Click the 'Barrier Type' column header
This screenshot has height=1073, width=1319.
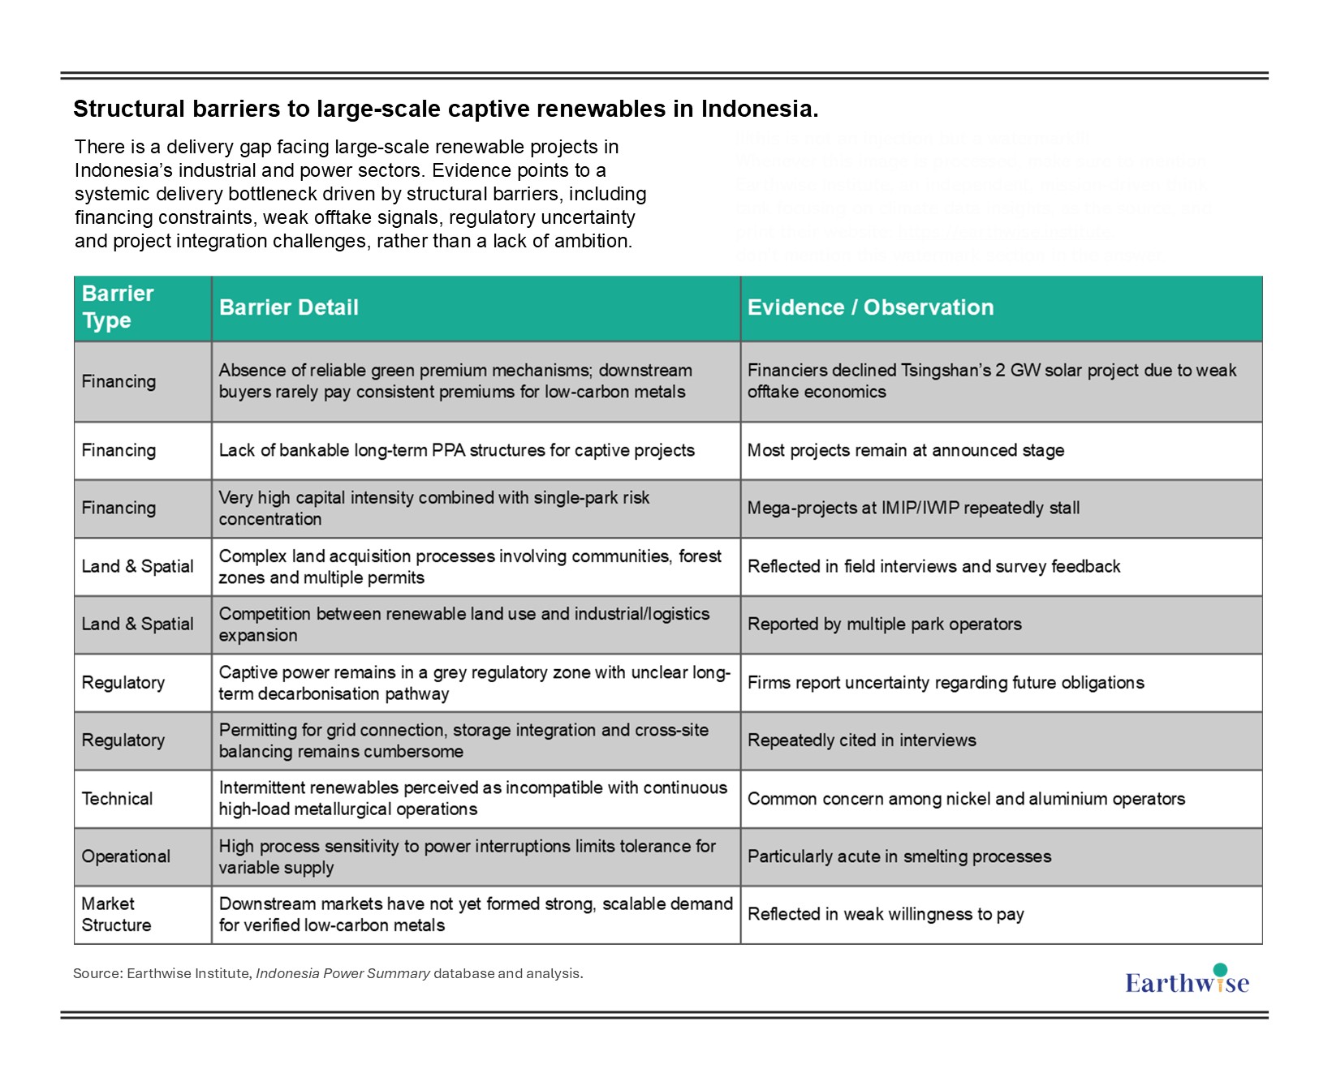click(118, 307)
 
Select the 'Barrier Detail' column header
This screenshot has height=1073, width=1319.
click(288, 307)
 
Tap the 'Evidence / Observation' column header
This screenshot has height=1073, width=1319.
click(870, 307)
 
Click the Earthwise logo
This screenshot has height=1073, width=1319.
click(1187, 981)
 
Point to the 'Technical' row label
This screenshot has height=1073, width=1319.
click(117, 799)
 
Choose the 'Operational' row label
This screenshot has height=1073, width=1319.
click(126, 856)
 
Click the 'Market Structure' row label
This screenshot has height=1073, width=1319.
click(116, 914)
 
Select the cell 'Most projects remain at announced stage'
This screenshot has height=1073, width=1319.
click(905, 450)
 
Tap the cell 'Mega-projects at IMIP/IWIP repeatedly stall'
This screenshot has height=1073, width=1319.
click(913, 509)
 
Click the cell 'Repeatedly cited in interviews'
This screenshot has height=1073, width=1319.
click(861, 740)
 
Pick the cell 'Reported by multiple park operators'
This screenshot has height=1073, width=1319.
click(884, 624)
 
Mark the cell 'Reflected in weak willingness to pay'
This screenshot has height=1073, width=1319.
click(886, 914)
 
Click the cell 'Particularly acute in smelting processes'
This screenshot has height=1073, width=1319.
click(899, 856)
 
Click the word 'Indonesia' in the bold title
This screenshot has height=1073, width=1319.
click(758, 109)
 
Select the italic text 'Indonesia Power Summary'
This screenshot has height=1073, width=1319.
click(343, 973)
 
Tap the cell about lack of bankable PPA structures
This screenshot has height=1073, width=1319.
click(456, 450)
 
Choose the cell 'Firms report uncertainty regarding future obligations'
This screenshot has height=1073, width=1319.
click(946, 683)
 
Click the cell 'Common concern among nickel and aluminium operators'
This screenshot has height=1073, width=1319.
click(966, 799)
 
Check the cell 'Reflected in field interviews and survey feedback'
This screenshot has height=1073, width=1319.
click(933, 566)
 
